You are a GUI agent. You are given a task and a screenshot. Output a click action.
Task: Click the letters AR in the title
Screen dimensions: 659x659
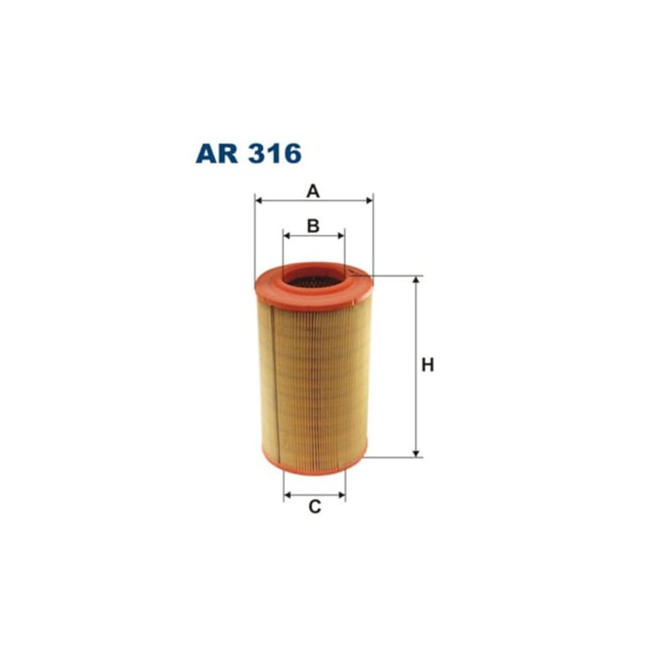217,154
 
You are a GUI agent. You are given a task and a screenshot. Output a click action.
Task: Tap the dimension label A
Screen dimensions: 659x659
313,191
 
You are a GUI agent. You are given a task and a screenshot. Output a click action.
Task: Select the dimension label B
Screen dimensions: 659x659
313,225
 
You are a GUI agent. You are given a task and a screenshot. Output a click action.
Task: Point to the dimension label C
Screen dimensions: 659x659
314,507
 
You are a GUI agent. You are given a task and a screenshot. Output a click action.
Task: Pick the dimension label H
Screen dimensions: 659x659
428,365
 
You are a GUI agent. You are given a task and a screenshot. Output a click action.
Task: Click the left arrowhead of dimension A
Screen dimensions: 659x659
259,199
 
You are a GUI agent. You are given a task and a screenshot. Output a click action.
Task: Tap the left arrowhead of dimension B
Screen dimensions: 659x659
287,236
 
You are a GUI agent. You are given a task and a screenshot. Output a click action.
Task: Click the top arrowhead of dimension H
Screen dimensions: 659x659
416,281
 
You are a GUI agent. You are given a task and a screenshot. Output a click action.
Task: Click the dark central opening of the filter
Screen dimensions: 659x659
313,282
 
